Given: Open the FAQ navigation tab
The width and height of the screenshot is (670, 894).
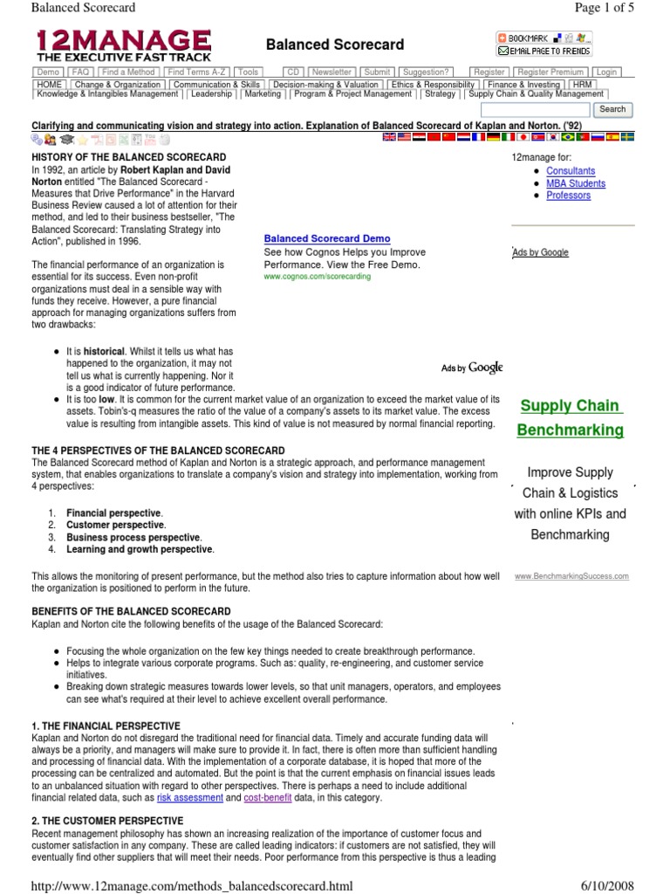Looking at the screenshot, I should tap(80, 72).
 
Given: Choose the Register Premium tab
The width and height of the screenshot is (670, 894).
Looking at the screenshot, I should tap(550, 72).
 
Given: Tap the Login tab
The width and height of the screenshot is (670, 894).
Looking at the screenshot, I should tap(606, 72).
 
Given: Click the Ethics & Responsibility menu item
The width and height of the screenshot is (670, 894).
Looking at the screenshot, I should tap(432, 83).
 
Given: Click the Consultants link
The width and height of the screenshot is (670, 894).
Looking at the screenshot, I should tap(571, 171).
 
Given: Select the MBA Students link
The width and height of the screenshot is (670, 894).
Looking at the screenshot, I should tap(575, 183).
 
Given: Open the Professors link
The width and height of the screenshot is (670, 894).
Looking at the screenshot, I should tap(568, 196).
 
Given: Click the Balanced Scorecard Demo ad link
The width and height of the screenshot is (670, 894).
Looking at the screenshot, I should tap(327, 238).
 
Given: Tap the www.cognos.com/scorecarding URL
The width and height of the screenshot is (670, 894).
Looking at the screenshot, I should tap(317, 276).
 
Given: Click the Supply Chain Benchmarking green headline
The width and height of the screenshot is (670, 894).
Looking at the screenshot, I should tap(571, 417).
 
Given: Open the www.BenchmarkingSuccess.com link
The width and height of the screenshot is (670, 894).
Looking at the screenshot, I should tap(571, 576).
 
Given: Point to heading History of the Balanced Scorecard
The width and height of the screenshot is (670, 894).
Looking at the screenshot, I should tap(116, 156).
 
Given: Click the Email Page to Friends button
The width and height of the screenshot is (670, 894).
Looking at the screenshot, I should tap(544, 52).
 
